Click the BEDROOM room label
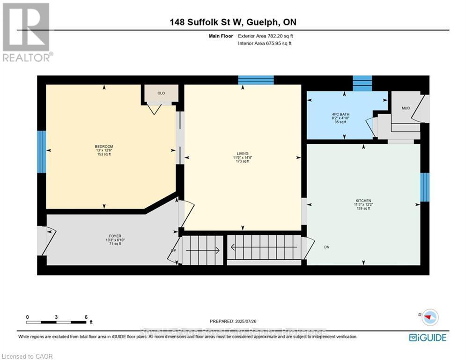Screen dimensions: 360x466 pos(104,147)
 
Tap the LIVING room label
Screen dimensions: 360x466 pos(242,153)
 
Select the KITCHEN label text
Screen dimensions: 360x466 pos(363,201)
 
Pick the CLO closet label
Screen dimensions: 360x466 pos(161,93)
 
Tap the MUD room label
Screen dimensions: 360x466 pos(406,108)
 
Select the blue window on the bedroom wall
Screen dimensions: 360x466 pos(42,152)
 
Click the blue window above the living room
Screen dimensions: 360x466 pos(256,80)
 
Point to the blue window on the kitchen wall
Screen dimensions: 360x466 pos(425,187)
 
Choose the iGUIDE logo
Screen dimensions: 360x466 pos(428,337)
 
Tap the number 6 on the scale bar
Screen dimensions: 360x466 pos(86,317)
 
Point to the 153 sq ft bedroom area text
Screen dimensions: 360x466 pos(104,154)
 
